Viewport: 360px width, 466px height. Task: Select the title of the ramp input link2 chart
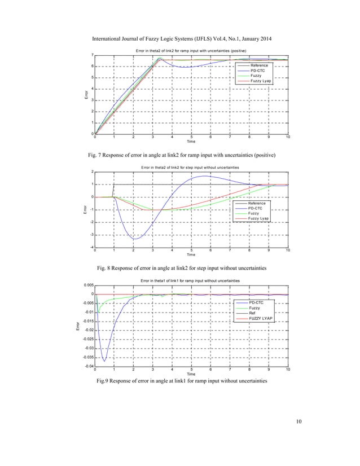[191, 51]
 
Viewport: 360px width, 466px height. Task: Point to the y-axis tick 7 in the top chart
[92, 55]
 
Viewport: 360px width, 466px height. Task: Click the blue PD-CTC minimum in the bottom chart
[104, 361]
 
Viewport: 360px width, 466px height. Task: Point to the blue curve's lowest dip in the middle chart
[134, 239]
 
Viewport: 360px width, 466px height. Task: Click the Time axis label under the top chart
[191, 143]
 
